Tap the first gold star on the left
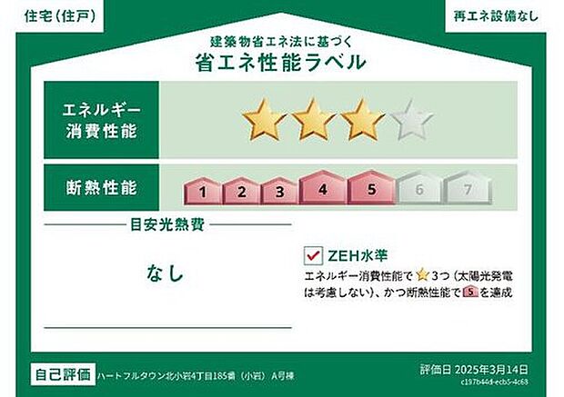[x=263, y=119]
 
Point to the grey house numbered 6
[x=419, y=189]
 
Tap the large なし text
[x=165, y=272]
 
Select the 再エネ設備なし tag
[x=497, y=15]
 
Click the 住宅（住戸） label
[x=57, y=15]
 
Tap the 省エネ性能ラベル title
[x=281, y=62]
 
